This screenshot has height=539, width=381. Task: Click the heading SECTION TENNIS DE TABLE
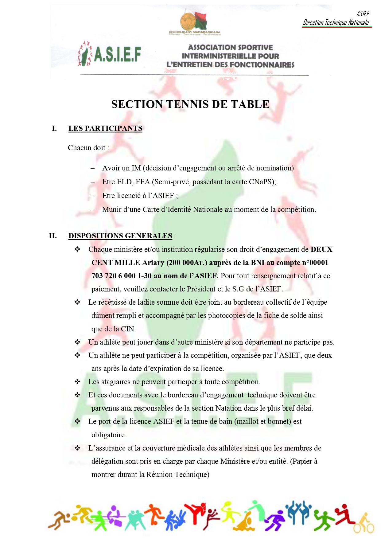click(x=190, y=104)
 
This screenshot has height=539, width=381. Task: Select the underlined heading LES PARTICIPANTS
click(x=105, y=128)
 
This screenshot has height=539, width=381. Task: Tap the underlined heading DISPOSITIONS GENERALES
click(x=120, y=236)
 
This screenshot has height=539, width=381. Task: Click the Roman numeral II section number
click(x=53, y=236)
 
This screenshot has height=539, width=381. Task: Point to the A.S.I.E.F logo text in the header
click(x=117, y=54)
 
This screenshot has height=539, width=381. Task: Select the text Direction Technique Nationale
click(x=336, y=22)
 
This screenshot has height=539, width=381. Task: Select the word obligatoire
click(x=108, y=435)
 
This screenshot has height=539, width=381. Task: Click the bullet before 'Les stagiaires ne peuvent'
click(x=77, y=382)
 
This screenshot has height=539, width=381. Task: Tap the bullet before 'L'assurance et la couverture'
click(x=77, y=448)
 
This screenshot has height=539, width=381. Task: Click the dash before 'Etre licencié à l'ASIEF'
click(x=93, y=196)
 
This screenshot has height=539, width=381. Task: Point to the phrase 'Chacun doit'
click(x=87, y=148)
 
